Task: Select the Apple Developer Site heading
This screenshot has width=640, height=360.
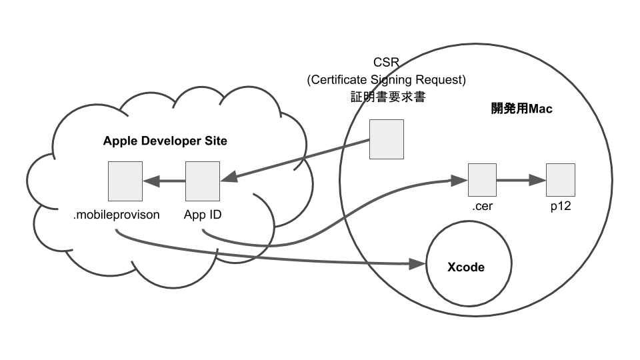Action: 165,141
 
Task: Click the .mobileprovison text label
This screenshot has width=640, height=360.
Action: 117,215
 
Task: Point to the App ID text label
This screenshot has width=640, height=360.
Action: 202,215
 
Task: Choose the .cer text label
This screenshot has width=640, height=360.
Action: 482,207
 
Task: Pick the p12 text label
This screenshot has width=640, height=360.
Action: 560,207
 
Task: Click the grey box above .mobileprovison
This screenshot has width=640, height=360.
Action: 125,181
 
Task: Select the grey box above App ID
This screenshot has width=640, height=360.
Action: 202,181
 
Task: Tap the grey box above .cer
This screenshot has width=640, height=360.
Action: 482,180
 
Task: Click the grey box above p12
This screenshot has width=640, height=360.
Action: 560,180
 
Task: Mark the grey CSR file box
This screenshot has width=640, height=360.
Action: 387,139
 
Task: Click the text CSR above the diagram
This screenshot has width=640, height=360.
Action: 387,64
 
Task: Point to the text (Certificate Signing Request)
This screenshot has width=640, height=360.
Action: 387,80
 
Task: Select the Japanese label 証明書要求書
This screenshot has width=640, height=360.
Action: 387,97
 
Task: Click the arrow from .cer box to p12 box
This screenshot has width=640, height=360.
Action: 521,180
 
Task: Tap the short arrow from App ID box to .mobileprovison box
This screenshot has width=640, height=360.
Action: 163,181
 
